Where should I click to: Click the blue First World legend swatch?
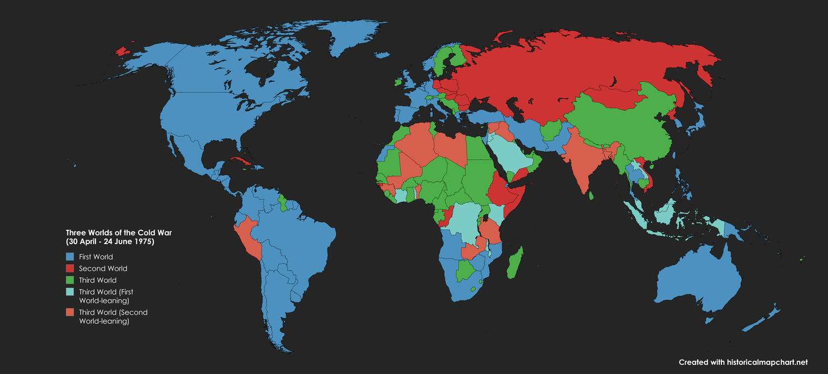[70, 257]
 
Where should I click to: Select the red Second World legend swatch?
[70, 268]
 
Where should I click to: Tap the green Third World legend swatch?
[70, 280]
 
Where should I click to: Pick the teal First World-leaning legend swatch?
[70, 292]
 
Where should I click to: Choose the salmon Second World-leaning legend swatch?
[70, 313]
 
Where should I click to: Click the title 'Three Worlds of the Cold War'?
[119, 232]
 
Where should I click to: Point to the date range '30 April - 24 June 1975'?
[110, 242]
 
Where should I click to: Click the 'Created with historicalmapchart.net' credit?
[743, 362]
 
